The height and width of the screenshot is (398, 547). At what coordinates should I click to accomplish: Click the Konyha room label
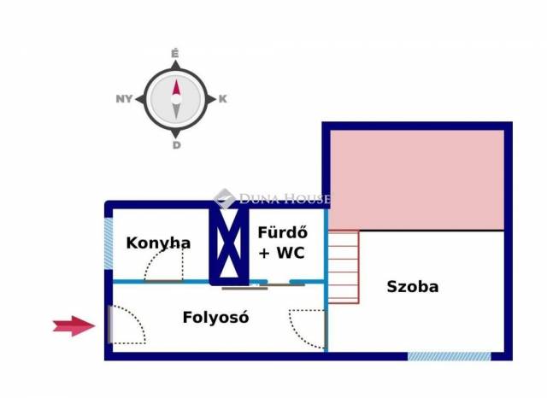tap(158, 243)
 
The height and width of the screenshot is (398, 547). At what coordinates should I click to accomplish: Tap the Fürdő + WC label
tap(281, 243)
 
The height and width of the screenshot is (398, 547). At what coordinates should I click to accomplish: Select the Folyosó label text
tap(215, 318)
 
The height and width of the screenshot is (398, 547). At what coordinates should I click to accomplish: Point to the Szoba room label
tap(412, 287)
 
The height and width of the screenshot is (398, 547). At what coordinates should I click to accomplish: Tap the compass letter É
tap(175, 54)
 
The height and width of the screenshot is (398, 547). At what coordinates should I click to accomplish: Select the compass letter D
tap(176, 145)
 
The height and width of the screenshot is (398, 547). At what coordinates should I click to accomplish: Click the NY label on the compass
tap(124, 99)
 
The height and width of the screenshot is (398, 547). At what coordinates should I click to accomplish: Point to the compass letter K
tap(222, 99)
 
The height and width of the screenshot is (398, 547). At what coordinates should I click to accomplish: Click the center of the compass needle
tap(176, 99)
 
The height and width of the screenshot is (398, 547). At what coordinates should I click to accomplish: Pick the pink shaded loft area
tap(416, 179)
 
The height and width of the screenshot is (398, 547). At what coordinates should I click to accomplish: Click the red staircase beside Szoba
tap(344, 266)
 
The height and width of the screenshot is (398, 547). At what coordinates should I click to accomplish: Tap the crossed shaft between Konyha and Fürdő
tap(228, 245)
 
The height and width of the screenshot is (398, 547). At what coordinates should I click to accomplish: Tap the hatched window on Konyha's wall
tap(109, 245)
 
